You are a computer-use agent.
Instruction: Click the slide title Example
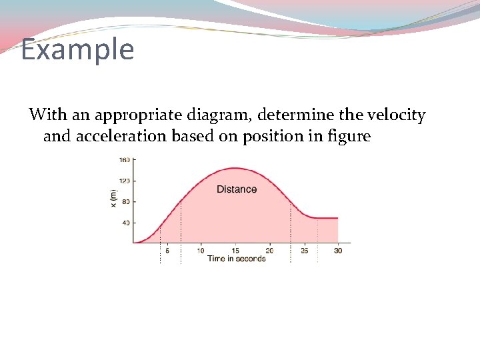(x=77, y=49)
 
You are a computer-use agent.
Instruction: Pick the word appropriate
(x=138, y=115)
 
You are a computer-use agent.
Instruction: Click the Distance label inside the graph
(x=236, y=189)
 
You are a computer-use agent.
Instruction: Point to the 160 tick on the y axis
(x=125, y=160)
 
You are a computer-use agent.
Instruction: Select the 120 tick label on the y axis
(x=125, y=181)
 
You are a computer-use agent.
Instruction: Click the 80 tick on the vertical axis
(x=126, y=201)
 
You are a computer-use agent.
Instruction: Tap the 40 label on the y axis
(x=126, y=223)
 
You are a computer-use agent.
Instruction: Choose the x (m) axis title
(x=114, y=198)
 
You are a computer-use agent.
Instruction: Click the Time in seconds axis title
(x=236, y=259)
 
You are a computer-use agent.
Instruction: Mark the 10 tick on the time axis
(x=201, y=251)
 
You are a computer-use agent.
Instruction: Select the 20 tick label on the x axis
(x=269, y=251)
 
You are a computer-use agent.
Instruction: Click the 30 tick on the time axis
(x=338, y=251)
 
